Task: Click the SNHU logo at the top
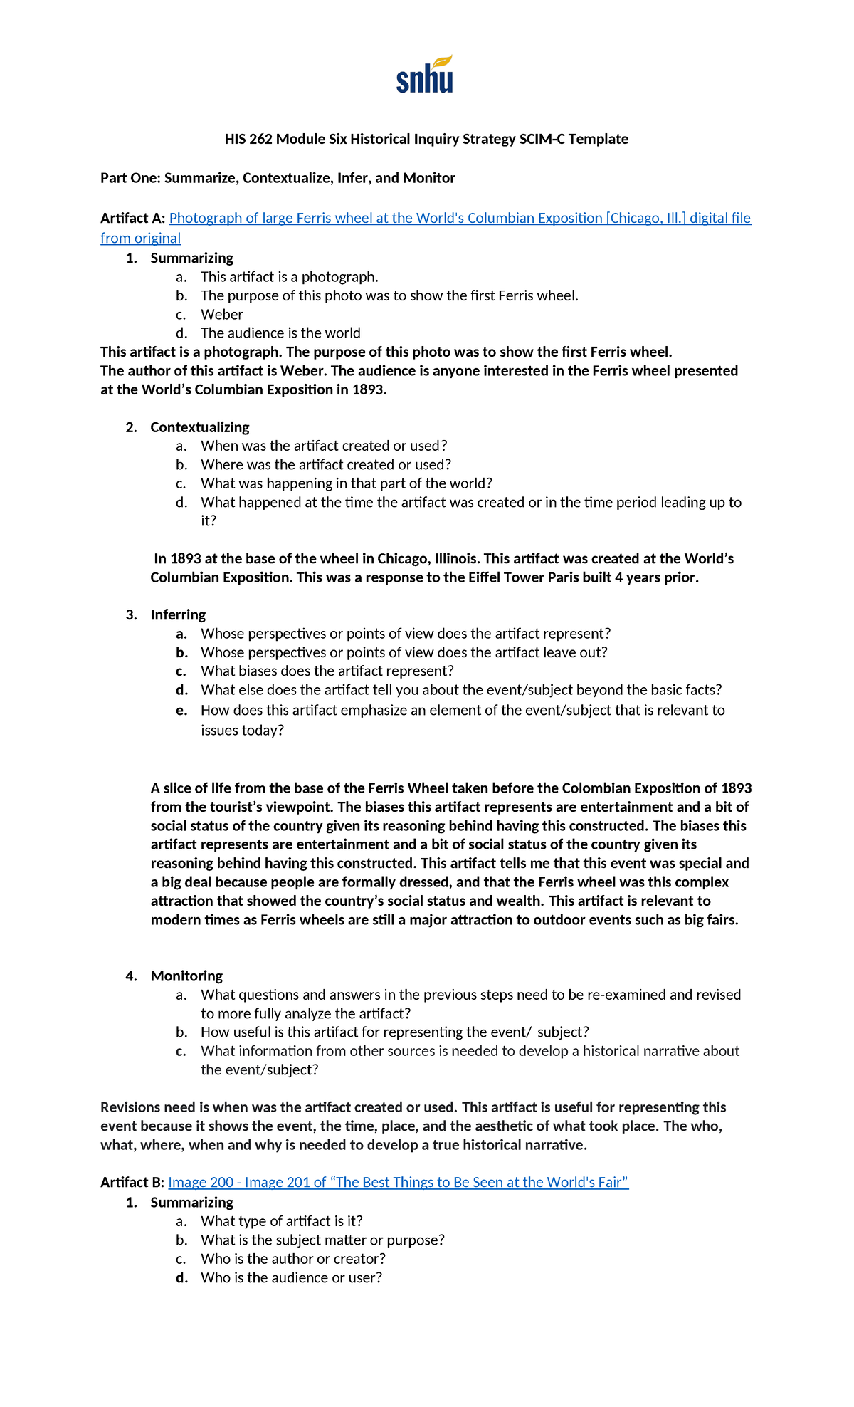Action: pos(424,75)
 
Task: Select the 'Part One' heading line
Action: pos(278,178)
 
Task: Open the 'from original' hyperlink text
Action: pos(140,239)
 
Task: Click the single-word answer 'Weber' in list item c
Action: pos(221,315)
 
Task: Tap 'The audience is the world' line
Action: pos(280,333)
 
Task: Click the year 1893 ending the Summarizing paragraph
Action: pos(367,389)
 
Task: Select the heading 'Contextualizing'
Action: pos(200,427)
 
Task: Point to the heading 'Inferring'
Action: pos(178,614)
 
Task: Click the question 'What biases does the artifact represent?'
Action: pos(327,671)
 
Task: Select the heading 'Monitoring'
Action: pos(186,976)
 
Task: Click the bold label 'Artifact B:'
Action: pos(132,1183)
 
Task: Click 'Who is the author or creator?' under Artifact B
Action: pos(292,1259)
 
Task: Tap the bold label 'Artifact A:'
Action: pos(133,218)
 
